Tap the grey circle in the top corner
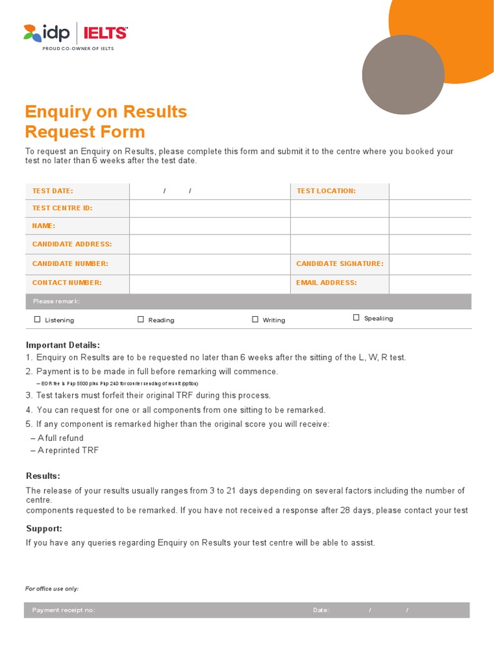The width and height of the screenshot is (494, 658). point(403,75)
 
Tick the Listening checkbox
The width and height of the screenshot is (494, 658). point(37,319)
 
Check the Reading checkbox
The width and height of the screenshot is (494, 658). point(141,319)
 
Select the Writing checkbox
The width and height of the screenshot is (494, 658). point(255,319)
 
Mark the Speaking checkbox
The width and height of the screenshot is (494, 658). point(356,317)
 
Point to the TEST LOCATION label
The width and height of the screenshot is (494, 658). point(325,191)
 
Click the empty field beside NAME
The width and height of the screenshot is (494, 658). point(210,226)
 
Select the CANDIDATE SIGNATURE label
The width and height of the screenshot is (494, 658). point(339,263)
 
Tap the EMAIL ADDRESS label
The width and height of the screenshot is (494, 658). point(326,283)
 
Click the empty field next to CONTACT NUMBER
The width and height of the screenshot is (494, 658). point(210,283)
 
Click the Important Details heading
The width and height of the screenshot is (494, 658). point(62,345)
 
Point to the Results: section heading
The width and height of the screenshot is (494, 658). point(43,476)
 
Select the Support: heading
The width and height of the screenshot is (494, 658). point(44,528)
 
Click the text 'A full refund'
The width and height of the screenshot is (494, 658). point(60,438)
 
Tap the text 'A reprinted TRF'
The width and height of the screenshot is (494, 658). point(68,450)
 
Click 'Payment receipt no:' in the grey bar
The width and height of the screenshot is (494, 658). point(64,610)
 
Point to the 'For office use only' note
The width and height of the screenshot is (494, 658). point(52,589)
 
